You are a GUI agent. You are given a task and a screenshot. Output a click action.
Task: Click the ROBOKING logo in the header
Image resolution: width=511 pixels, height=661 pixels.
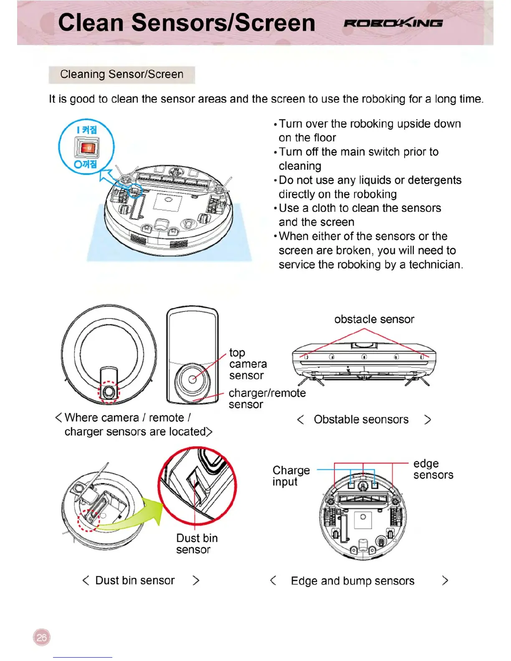pyautogui.click(x=393, y=23)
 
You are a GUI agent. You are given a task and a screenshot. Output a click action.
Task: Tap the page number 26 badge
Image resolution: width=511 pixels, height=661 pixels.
pyautogui.click(x=42, y=637)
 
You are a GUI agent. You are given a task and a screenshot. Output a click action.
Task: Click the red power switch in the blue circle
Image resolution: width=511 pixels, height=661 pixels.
pyautogui.click(x=87, y=148)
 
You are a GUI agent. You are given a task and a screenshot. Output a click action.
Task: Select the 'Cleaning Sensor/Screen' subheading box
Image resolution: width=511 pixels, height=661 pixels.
pyautogui.click(x=121, y=74)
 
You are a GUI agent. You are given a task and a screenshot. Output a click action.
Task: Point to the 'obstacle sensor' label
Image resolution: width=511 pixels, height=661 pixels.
pyautogui.click(x=374, y=319)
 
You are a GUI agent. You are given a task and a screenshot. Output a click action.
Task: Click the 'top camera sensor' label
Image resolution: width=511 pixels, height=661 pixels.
pyautogui.click(x=248, y=364)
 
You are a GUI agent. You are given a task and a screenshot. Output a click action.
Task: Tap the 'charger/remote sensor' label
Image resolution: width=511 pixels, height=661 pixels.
pyautogui.click(x=267, y=399)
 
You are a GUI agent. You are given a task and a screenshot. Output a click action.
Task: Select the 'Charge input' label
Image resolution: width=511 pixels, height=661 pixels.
pyautogui.click(x=291, y=476)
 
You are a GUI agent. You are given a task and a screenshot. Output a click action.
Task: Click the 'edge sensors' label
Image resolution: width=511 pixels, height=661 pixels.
pyautogui.click(x=433, y=469)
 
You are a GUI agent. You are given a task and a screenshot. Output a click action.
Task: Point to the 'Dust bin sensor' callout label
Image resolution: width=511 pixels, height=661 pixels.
pyautogui.click(x=197, y=544)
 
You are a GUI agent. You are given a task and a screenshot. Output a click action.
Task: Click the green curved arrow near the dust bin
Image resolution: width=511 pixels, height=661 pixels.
pyautogui.click(x=138, y=515)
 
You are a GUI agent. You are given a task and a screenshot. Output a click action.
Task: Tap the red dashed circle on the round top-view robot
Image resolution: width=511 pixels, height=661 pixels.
pyautogui.click(x=109, y=392)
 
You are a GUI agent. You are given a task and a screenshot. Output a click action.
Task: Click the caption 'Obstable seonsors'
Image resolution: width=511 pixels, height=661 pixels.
pyautogui.click(x=361, y=419)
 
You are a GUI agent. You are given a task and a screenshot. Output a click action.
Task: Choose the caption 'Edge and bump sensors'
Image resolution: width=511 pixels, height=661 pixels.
pyautogui.click(x=352, y=581)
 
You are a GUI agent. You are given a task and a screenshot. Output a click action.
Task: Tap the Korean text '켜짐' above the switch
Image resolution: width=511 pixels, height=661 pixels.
pyautogui.click(x=89, y=130)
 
